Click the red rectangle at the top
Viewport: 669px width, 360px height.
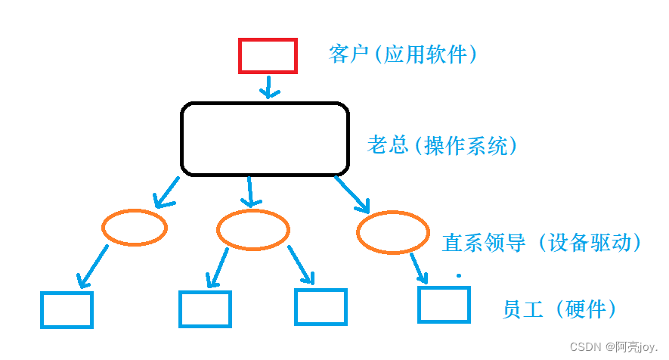pyautogui.click(x=268, y=55)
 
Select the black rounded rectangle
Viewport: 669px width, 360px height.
pyautogui.click(x=265, y=139)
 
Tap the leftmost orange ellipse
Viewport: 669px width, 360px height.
pyautogui.click(x=135, y=227)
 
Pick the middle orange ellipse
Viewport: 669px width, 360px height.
pyautogui.click(x=252, y=229)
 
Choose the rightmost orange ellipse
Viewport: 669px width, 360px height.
pyautogui.click(x=392, y=233)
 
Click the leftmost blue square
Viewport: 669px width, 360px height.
pyautogui.click(x=67, y=309)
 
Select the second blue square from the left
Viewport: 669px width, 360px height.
pyautogui.click(x=205, y=309)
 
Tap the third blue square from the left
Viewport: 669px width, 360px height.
pyautogui.click(x=321, y=306)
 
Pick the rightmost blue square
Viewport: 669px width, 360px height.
pyautogui.click(x=444, y=304)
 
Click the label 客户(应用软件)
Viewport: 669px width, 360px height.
pyautogui.click(x=404, y=54)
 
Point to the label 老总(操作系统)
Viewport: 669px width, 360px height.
pyautogui.click(x=443, y=145)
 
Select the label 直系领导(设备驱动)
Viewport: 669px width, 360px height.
pyautogui.click(x=542, y=242)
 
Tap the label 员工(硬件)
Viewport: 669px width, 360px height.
pyautogui.click(x=559, y=309)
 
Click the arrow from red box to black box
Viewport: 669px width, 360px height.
pyautogui.click(x=268, y=85)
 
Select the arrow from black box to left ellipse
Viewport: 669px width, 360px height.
pyautogui.click(x=167, y=192)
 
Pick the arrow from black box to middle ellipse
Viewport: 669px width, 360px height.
pyautogui.click(x=250, y=192)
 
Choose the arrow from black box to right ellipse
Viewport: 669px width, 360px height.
pyautogui.click(x=352, y=194)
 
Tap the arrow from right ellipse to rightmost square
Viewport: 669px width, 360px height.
pyautogui.click(x=418, y=267)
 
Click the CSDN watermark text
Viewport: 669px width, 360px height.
pyautogui.click(x=612, y=346)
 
